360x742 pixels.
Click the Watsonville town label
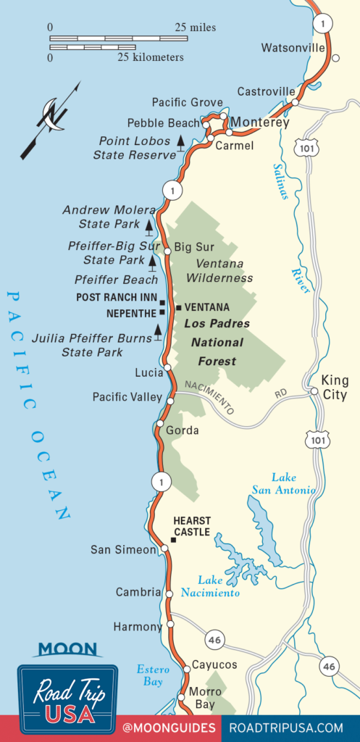[x=293, y=48]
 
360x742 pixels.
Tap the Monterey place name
[x=260, y=122]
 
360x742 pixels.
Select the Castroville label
[x=267, y=92]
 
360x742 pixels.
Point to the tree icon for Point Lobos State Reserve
[x=181, y=143]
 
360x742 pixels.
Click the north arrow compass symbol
[x=51, y=116]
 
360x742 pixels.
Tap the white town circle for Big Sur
[x=167, y=251]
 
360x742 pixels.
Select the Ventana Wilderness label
[x=219, y=271]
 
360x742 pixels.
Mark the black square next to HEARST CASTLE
[x=174, y=539]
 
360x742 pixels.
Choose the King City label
[x=331, y=388]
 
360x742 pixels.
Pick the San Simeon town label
[x=123, y=550]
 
